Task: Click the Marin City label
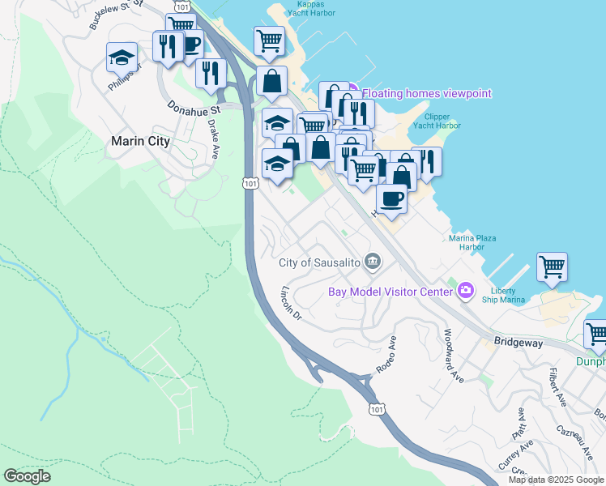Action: click(140, 141)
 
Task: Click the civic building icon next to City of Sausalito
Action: click(373, 261)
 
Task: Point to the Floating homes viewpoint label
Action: click(426, 93)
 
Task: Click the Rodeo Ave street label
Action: click(386, 354)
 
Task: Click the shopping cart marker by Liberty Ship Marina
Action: click(552, 266)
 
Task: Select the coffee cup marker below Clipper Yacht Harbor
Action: click(391, 198)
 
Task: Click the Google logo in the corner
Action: click(28, 476)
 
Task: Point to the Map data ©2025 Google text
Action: click(556, 480)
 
